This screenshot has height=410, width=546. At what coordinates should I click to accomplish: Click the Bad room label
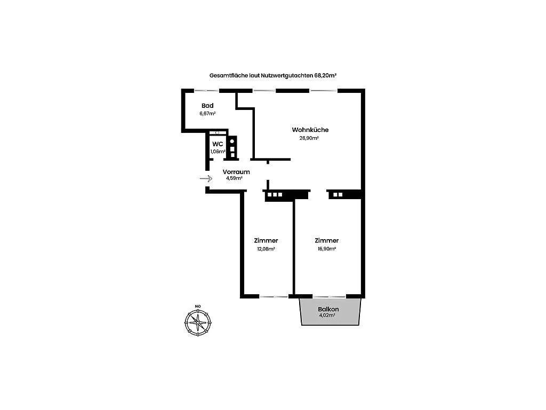click(x=207, y=106)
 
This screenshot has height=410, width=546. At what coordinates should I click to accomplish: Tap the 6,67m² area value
click(x=207, y=113)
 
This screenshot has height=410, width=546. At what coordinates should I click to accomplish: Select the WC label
click(x=218, y=144)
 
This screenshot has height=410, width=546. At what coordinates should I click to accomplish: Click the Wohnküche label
click(x=310, y=130)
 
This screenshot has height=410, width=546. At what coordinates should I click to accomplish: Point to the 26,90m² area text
click(x=309, y=138)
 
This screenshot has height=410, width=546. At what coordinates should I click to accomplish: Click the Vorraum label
click(x=236, y=172)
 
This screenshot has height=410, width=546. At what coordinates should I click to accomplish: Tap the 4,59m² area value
click(x=235, y=178)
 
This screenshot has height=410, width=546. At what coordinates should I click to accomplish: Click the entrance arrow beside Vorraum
click(x=206, y=178)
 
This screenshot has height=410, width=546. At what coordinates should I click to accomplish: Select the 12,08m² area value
click(x=266, y=249)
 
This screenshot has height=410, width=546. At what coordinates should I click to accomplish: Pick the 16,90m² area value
click(x=327, y=249)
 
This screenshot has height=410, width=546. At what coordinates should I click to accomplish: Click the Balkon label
click(x=328, y=309)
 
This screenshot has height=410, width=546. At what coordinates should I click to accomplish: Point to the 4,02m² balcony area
click(x=327, y=315)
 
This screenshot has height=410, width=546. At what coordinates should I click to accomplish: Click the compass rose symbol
click(x=198, y=323)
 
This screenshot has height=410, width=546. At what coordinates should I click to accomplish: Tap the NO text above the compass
click(x=198, y=306)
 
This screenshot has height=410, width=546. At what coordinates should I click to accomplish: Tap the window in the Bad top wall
click(x=207, y=91)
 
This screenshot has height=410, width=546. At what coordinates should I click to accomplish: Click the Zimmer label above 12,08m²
click(x=266, y=241)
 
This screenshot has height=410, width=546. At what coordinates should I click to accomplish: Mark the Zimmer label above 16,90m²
click(x=327, y=241)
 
